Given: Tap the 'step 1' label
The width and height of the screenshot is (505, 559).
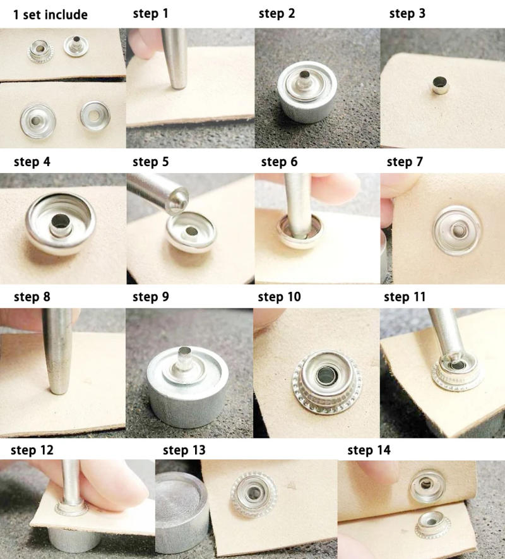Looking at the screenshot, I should click(x=151, y=14).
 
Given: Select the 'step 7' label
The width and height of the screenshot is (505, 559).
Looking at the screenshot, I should click(x=405, y=162).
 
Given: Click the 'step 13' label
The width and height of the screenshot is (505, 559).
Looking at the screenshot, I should click(x=184, y=450).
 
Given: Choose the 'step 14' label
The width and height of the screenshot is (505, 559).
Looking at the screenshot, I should click(x=369, y=450).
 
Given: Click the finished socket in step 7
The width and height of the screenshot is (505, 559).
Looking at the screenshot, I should click(x=456, y=229).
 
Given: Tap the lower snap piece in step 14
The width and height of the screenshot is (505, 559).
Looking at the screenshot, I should click(x=433, y=525).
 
